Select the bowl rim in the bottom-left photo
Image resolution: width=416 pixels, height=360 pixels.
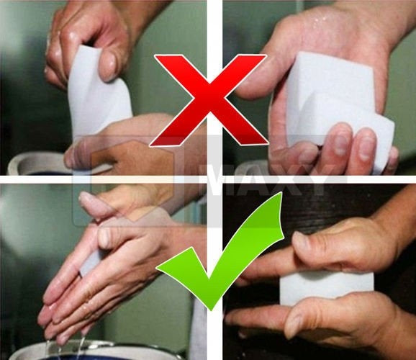click(108, 348)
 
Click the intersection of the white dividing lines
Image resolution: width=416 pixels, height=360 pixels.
click(214, 178)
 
